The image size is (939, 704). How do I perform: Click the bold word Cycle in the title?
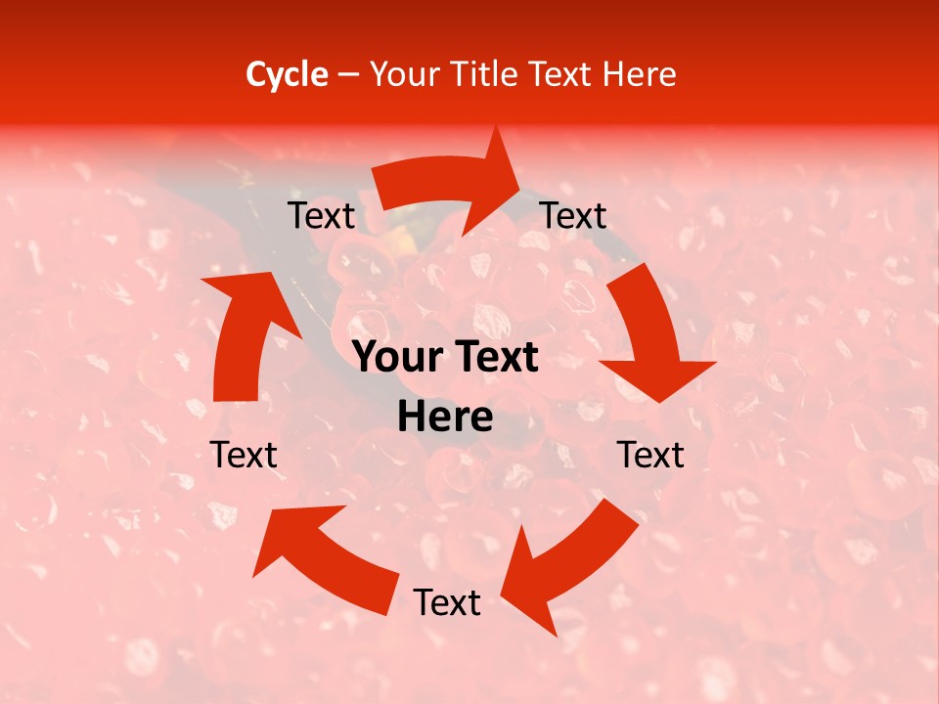pyautogui.click(x=287, y=74)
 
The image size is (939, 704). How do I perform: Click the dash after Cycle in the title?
pyautogui.click(x=348, y=75)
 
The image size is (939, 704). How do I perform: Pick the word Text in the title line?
pyautogui.click(x=565, y=74)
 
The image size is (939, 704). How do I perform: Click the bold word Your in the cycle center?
pyautogui.click(x=396, y=358)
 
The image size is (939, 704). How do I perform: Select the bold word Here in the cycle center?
pyautogui.click(x=445, y=418)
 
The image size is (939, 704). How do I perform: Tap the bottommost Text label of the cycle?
pyautogui.click(x=447, y=603)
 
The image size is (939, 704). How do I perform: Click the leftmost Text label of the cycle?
pyautogui.click(x=244, y=455)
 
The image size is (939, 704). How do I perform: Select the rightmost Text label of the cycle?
pyautogui.click(x=651, y=455)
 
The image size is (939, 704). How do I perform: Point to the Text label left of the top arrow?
pyautogui.click(x=321, y=216)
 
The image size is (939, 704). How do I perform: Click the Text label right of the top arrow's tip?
pyautogui.click(x=573, y=216)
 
